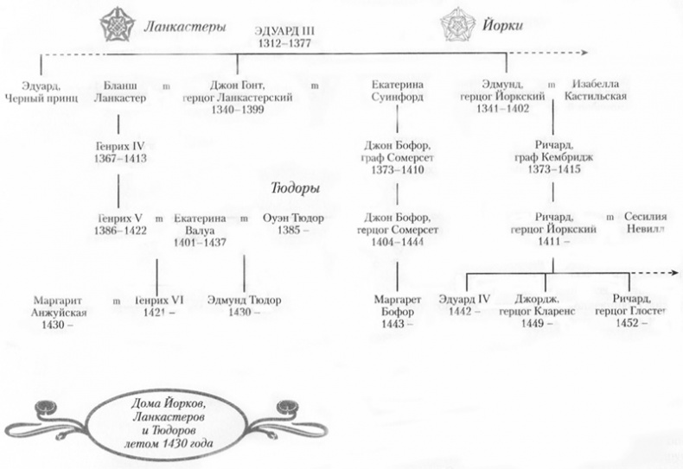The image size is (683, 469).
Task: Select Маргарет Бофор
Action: [398, 307]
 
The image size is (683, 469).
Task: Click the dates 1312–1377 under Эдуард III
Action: [285, 42]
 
